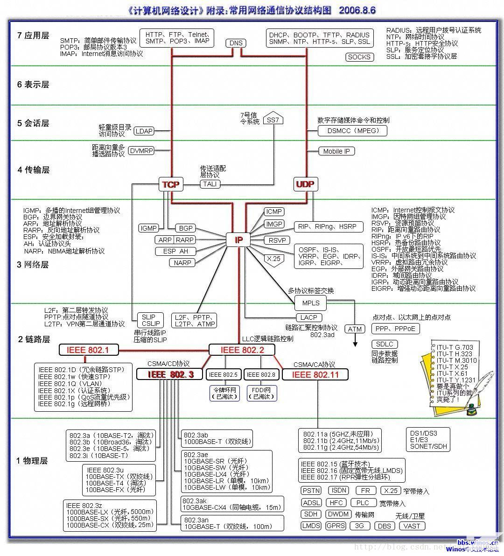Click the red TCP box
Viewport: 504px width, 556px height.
[x=171, y=184]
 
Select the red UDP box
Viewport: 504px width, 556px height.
[x=305, y=184]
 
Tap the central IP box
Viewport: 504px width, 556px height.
[x=238, y=240]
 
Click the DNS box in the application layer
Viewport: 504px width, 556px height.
[x=236, y=43]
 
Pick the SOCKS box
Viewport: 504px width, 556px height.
[x=359, y=57]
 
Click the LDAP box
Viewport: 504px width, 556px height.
[x=144, y=131]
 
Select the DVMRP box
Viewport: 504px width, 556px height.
[x=141, y=150]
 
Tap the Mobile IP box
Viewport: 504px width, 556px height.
[x=336, y=151]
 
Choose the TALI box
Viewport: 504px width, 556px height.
[x=210, y=184]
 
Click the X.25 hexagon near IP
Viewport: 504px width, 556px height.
[x=273, y=259]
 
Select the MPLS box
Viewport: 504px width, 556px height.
[x=311, y=303]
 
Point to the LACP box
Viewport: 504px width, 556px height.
[x=308, y=317]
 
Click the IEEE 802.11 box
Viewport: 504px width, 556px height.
[x=315, y=374]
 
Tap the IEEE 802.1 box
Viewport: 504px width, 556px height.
[x=88, y=350]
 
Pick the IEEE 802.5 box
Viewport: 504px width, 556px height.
[x=223, y=374]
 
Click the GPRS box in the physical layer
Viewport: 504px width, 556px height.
[x=336, y=525]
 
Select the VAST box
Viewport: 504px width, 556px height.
[x=412, y=526]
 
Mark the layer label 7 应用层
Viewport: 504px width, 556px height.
[x=33, y=35]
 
